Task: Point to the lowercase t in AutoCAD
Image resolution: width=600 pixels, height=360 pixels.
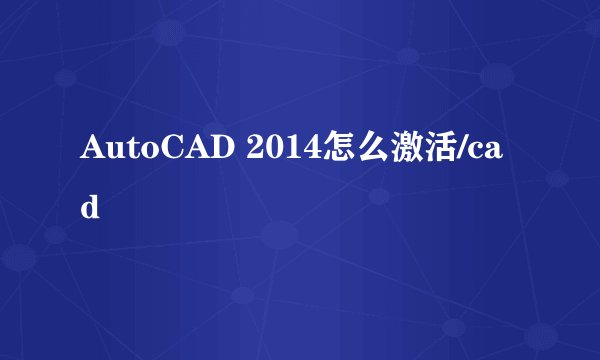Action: point(125,151)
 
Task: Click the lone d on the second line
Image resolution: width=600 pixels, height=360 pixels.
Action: point(90,208)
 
